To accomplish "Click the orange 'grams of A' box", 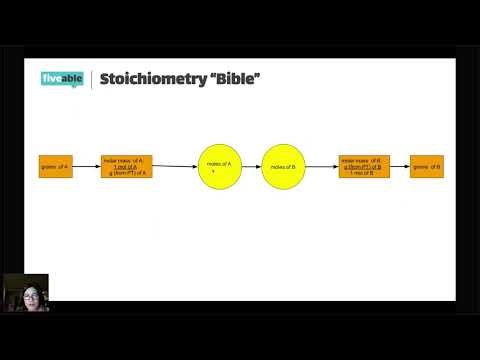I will pyautogui.click(x=54, y=166).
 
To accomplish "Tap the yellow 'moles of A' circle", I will pyautogui.click(x=212, y=166).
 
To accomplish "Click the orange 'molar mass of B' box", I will pyautogui.click(x=363, y=166).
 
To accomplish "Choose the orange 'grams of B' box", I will pyautogui.click(x=427, y=166).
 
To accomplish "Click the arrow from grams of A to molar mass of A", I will pyautogui.click(x=86, y=166).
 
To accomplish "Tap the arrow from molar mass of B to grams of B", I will pyautogui.click(x=399, y=166).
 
